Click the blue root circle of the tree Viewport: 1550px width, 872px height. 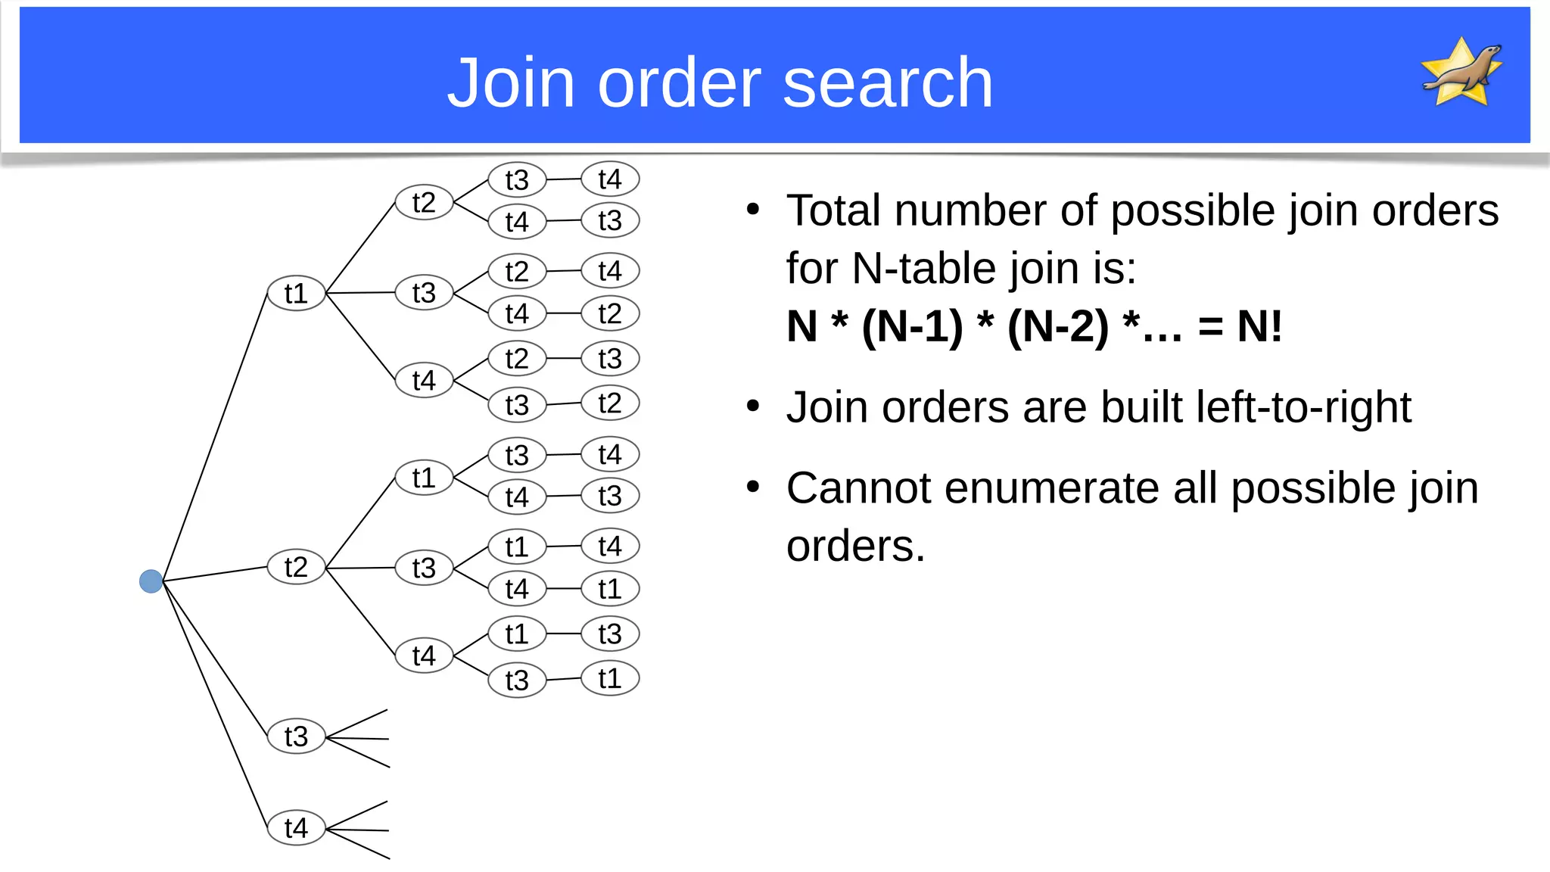pos(151,581)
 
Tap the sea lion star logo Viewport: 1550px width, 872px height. pos(1461,73)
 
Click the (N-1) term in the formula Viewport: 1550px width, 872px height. pos(912,327)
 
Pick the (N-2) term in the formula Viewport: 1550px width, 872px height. pos(1057,327)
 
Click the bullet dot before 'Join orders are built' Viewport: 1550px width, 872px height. pos(752,406)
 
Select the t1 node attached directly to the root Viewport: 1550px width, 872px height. pos(296,294)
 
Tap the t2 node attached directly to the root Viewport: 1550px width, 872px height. pos(296,567)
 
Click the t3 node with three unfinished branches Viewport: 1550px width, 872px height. pos(296,737)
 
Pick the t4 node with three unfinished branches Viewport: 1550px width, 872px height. pos(296,828)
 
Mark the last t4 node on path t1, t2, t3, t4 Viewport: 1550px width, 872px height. pos(610,179)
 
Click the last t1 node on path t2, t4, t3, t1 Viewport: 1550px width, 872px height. pos(610,678)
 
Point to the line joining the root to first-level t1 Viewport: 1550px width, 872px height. pos(215,438)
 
